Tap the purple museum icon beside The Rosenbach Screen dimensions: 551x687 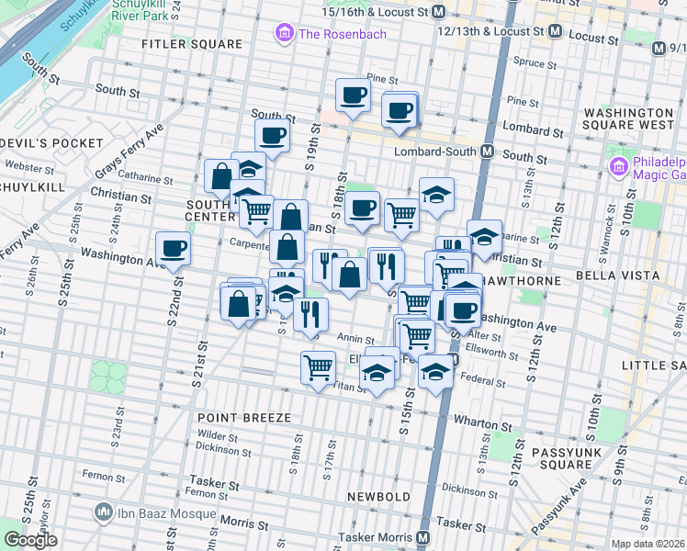(284, 35)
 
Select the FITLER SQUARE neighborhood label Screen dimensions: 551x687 (191, 43)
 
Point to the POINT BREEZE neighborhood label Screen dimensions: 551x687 (244, 418)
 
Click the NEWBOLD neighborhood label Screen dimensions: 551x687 (378, 497)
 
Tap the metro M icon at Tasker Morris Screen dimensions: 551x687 (423, 537)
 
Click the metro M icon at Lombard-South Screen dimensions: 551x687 (487, 152)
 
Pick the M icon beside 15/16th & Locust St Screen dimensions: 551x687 (439, 13)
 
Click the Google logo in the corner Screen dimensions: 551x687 (30, 540)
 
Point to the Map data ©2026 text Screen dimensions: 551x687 (648, 544)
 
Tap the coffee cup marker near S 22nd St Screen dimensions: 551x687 (173, 248)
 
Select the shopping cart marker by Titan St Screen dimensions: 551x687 (318, 367)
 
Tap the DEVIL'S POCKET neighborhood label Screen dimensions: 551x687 (51, 143)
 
